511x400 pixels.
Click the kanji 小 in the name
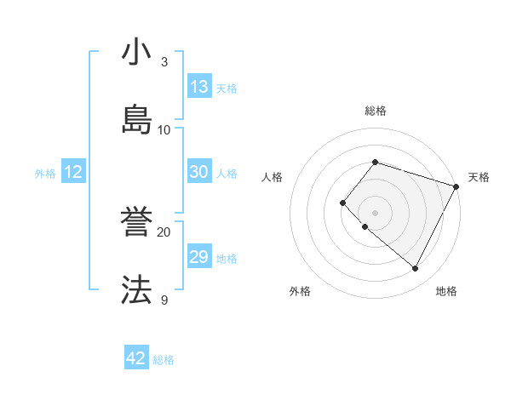pos(136,54)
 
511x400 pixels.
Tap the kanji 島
pos(136,119)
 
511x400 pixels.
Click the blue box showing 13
pos(199,87)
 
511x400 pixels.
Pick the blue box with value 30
pos(199,172)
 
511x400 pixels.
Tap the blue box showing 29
pos(199,257)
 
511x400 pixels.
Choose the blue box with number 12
pos(72,172)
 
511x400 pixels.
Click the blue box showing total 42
pos(136,358)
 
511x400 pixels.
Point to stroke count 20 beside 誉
pos(164,231)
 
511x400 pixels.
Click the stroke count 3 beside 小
pos(164,61)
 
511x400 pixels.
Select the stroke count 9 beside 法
pos(164,300)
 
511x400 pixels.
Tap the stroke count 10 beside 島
pos(164,129)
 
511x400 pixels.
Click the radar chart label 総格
pos(375,111)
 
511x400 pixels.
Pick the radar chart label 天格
pos(479,177)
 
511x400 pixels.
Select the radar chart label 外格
pos(300,291)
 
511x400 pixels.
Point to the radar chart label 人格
pos(272,177)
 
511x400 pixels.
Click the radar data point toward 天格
pos(456,186)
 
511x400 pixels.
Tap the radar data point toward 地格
pos(415,269)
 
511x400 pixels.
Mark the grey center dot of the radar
pos(375,213)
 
